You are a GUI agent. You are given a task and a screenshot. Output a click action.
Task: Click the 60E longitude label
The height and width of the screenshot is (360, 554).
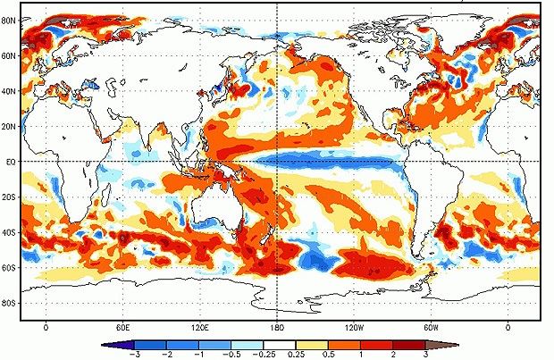tap(122, 327)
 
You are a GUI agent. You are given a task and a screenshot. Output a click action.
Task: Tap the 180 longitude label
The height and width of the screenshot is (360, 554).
tap(277, 327)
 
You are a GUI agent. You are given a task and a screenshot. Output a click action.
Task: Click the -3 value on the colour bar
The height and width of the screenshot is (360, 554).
tap(135, 354)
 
